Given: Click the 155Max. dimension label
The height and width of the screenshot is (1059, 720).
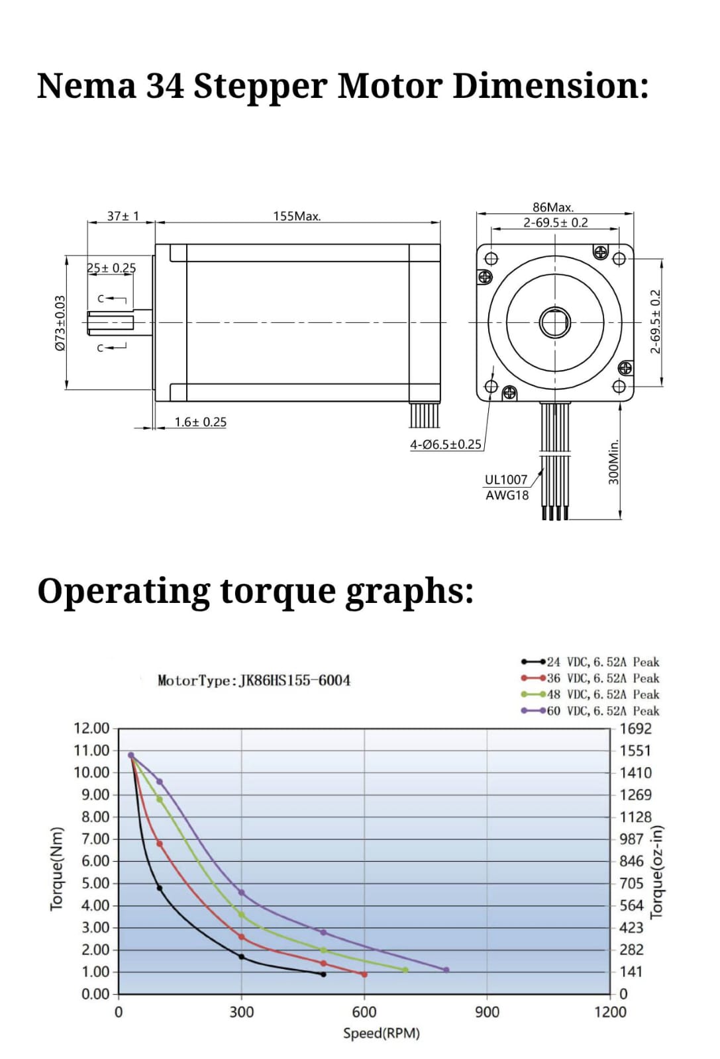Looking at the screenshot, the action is (297, 216).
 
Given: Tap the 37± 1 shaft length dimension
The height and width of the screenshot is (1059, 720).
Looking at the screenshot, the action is (123, 216).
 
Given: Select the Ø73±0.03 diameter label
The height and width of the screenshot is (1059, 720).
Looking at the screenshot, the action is (60, 323).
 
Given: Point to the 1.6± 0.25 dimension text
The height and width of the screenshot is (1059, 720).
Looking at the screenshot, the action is (200, 422).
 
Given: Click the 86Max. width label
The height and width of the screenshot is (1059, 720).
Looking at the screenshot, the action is (553, 207).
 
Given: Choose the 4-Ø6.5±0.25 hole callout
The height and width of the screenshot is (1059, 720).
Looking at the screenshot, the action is (445, 444).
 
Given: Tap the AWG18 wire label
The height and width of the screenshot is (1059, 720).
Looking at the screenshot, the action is (507, 496).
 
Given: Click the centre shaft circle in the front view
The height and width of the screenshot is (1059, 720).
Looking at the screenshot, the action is (555, 322).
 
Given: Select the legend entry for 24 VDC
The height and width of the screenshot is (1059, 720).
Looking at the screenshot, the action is (590, 662).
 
